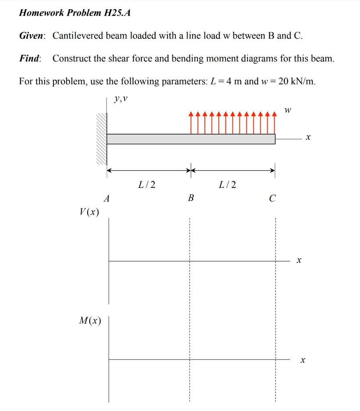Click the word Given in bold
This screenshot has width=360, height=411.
tap(32, 36)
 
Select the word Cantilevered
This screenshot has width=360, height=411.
tap(78, 36)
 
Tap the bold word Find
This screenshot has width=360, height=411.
tap(30, 59)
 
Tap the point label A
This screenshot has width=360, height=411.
tap(106, 198)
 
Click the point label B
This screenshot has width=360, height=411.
tap(191, 198)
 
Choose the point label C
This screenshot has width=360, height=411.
tap(273, 198)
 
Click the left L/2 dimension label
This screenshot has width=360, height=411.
tap(147, 185)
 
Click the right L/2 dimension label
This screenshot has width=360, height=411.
tap(228, 185)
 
